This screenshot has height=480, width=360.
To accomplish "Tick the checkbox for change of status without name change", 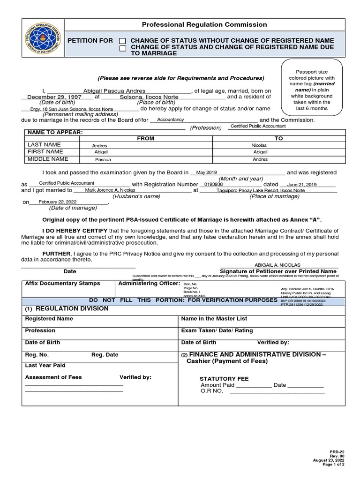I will pos(123,41).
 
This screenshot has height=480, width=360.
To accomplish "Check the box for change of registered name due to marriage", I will pos(123,48).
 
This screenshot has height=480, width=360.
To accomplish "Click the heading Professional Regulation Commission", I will pos(204,24).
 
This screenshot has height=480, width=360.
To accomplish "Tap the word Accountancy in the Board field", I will pos(171,120).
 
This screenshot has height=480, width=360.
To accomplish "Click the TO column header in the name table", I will pos(279,139).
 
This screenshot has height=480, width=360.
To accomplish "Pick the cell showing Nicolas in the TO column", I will pos(259,146).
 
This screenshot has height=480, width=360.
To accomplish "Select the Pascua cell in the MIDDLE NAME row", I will pos(103,160).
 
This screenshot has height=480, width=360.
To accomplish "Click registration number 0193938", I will pos(214,184).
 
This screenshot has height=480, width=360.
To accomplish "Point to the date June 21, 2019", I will pos(302,185).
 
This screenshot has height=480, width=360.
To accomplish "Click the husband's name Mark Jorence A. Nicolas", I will pos(110,190).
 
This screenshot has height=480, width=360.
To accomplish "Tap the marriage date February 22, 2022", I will pos(57,202).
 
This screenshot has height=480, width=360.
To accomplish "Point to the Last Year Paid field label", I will pos(45,365).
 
